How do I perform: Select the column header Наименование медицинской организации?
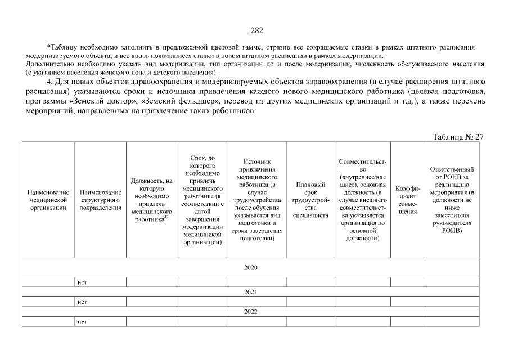48,200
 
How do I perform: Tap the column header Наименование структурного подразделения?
100,200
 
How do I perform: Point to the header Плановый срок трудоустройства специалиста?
311,200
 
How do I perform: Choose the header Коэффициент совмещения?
408,200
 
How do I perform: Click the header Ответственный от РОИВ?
452,200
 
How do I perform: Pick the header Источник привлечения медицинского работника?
256,200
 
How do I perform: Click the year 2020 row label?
251,267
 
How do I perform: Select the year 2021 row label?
251,292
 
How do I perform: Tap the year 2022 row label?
251,311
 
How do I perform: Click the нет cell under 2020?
82,282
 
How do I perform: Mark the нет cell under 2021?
82,302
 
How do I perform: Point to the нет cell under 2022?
82,322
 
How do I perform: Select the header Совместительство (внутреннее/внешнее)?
363,200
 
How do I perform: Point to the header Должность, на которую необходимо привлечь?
151,200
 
